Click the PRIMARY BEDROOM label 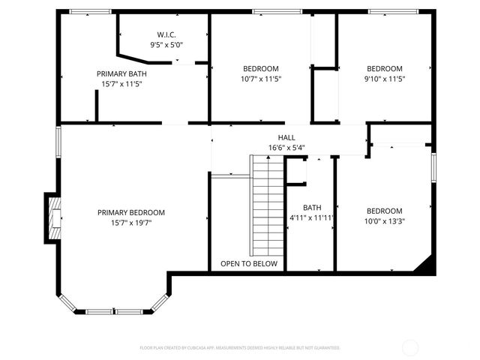pyautogui.click(x=131, y=212)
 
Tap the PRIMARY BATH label pyautogui.click(x=121, y=73)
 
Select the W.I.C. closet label pyautogui.click(x=166, y=34)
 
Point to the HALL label pyautogui.click(x=286, y=137)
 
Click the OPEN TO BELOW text pyautogui.click(x=248, y=264)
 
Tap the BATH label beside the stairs pyautogui.click(x=311, y=207)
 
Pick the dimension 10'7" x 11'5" pyautogui.click(x=260, y=79)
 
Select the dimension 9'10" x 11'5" pyautogui.click(x=384, y=79)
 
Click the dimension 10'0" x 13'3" pyautogui.click(x=384, y=221)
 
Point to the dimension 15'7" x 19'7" pyautogui.click(x=131, y=223)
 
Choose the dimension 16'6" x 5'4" pyautogui.click(x=286, y=148)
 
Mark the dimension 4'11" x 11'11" pyautogui.click(x=311, y=217)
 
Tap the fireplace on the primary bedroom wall pyautogui.click(x=52, y=217)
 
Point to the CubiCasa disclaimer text pyautogui.click(x=240, y=348)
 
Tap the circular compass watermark pyautogui.click(x=410, y=347)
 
